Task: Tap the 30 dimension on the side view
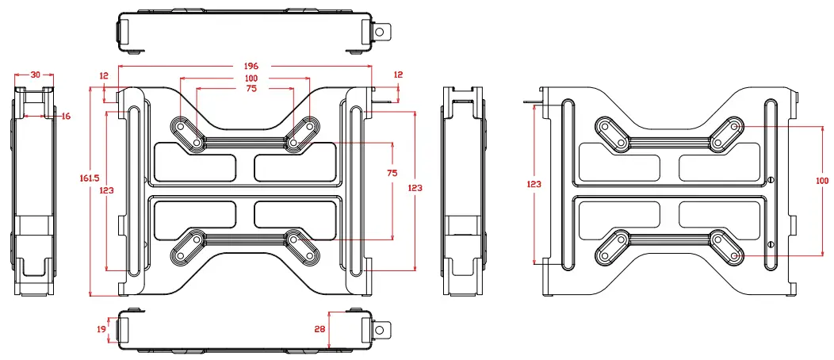[35, 75]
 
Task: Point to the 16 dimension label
[65, 116]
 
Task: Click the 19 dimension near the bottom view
[101, 329]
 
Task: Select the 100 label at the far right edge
[821, 181]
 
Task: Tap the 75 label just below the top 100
[251, 89]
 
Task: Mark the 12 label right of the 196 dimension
[398, 75]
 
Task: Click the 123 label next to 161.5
[105, 190]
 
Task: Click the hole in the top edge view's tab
[381, 32]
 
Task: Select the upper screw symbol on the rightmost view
[771, 179]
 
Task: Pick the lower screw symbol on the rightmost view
[771, 244]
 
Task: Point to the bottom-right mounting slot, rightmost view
[726, 248]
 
